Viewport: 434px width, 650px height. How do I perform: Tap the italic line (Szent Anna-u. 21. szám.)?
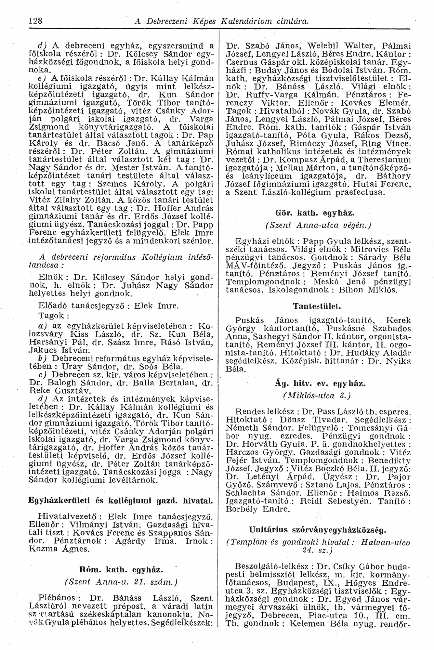pyautogui.click(x=121, y=582)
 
